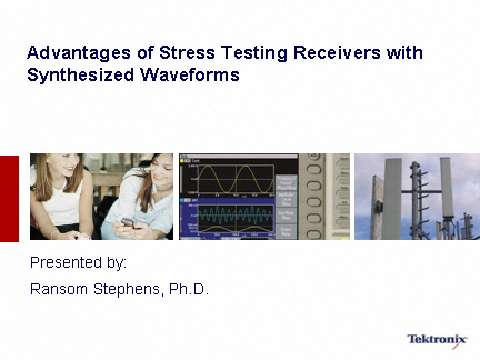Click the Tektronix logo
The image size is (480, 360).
tap(437, 339)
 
